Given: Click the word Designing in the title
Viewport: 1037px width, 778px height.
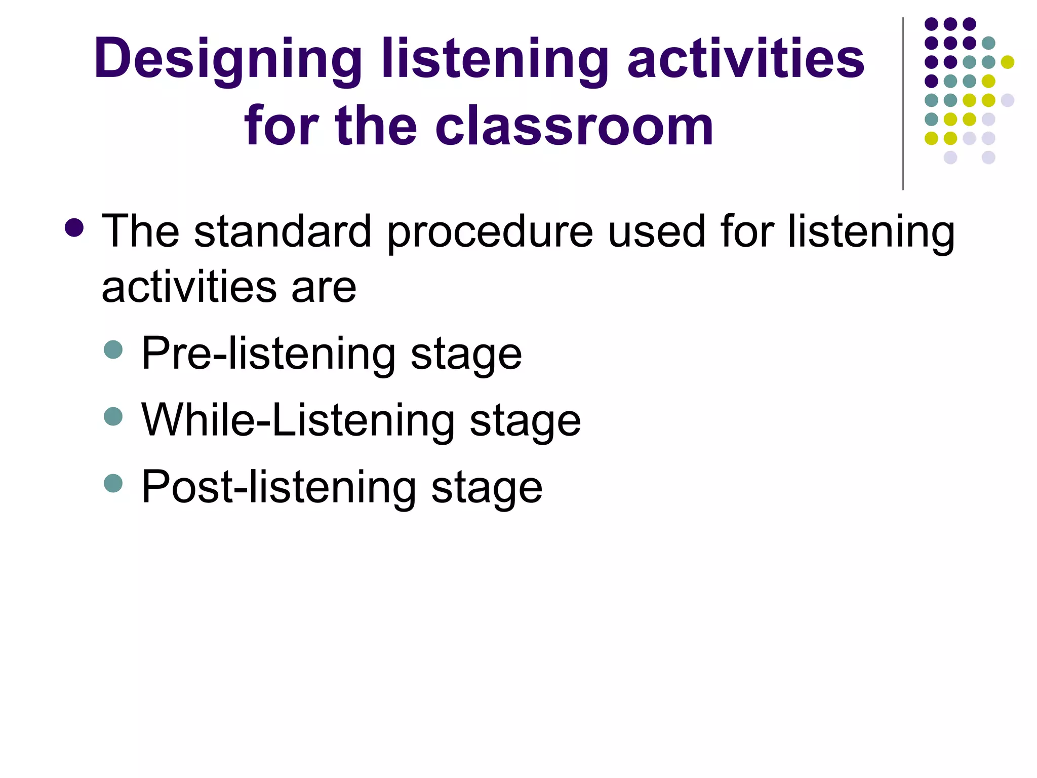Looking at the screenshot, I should (228, 60).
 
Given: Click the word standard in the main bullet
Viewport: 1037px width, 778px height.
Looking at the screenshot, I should (283, 232).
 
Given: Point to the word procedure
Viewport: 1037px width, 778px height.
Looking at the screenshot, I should (490, 232).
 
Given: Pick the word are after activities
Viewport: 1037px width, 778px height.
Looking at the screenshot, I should (324, 288).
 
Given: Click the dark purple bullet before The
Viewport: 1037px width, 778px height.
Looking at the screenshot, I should (74, 228).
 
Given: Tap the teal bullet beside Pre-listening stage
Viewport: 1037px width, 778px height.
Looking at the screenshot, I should (113, 349).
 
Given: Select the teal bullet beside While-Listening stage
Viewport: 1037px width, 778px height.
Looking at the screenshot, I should (113, 416).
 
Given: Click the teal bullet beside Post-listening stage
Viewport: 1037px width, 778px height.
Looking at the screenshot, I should (113, 483).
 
